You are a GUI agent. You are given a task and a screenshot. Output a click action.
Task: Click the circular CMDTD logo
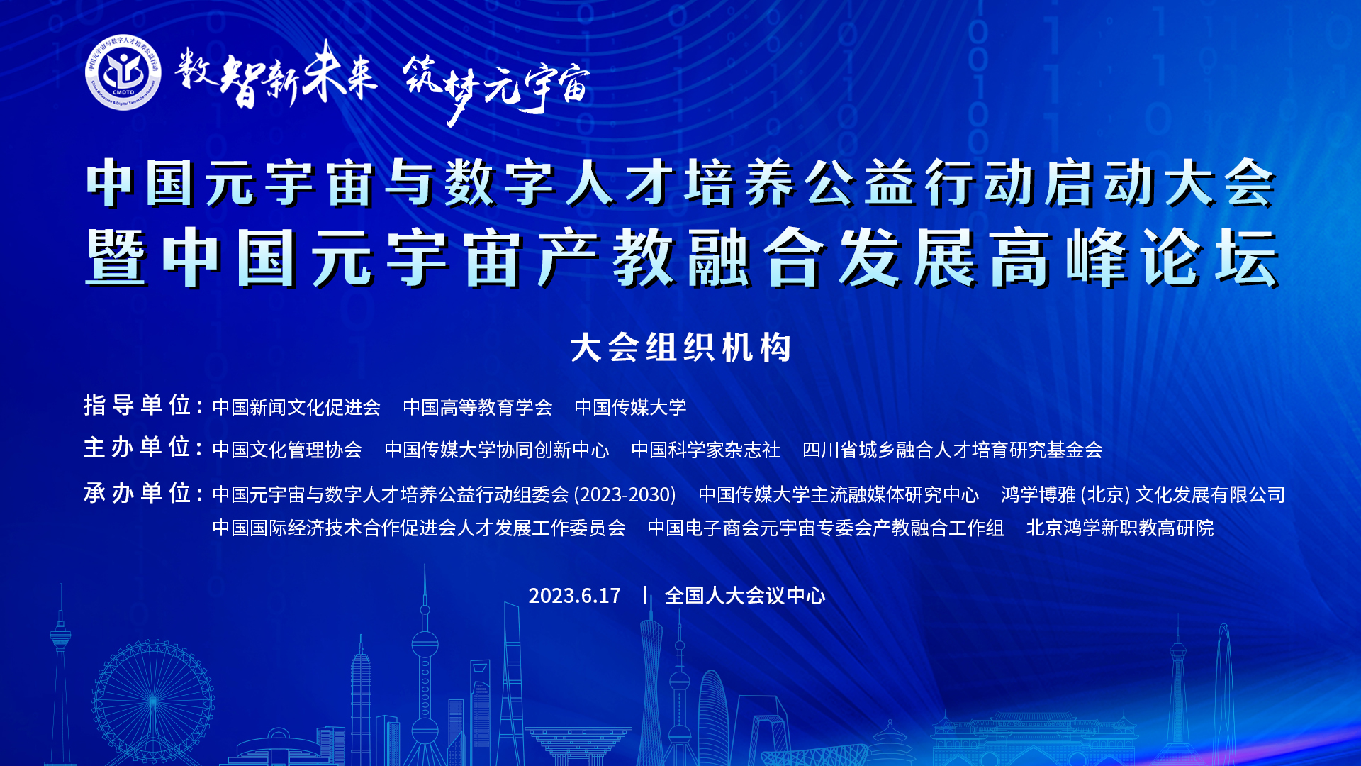pos(123,72)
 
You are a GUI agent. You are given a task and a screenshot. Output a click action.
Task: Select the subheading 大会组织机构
pos(680,348)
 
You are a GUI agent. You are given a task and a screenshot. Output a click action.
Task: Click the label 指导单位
pos(142,406)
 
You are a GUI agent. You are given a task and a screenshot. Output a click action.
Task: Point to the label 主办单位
pos(142,448)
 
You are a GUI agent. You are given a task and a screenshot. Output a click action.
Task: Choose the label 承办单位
pos(142,493)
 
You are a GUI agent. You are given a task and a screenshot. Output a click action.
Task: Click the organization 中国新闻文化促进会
pos(296,407)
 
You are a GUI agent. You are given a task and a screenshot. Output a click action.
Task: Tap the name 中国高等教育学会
pos(478,407)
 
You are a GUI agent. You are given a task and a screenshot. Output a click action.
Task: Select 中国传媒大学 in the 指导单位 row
pos(630,407)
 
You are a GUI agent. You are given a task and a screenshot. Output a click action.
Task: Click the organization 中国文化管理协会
pos(287,450)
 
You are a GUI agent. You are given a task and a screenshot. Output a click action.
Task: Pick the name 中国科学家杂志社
pos(705,450)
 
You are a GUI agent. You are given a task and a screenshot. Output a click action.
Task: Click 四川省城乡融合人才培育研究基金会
pos(952,450)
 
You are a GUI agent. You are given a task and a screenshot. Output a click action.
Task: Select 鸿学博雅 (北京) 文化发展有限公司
pos(1143,494)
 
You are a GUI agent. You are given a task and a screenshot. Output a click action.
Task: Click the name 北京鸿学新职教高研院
pos(1120,528)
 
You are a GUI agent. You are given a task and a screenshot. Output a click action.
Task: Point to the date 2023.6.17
pos(574,596)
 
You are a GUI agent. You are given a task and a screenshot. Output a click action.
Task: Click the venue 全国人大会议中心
pos(744,596)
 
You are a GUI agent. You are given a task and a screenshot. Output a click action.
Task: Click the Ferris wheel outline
pos(152,702)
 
